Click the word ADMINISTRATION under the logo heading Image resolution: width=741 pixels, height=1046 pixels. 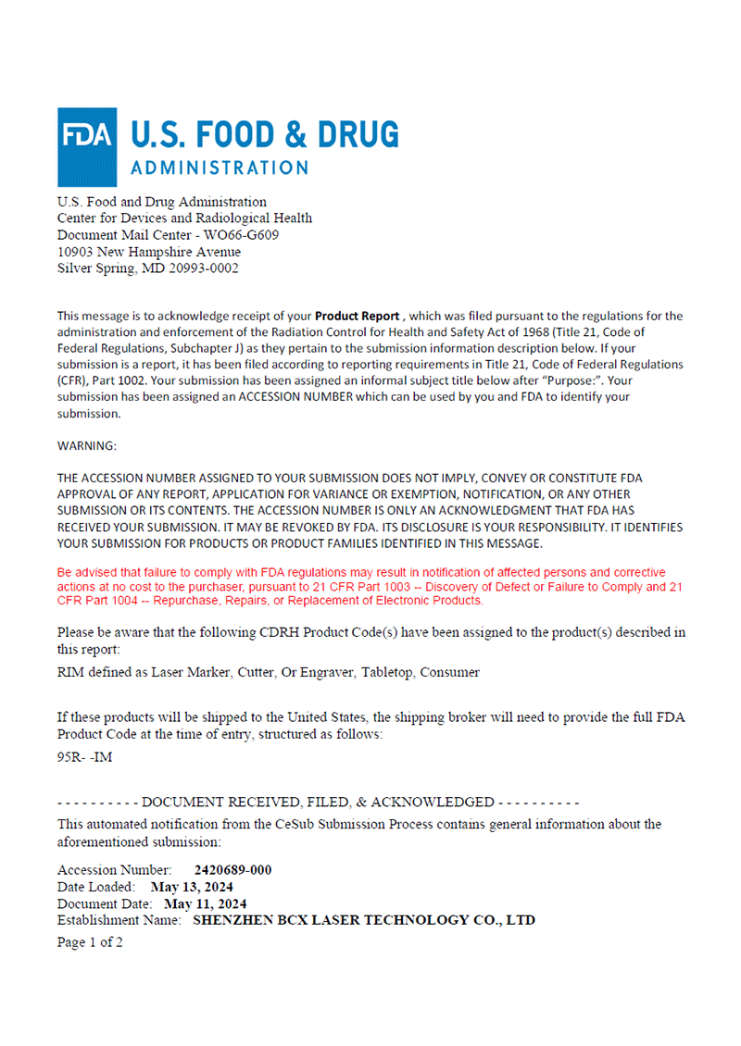coord(220,168)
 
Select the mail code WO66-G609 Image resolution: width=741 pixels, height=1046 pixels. coord(241,235)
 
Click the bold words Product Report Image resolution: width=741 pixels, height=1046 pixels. coord(357,316)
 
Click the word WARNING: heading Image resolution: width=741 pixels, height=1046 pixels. coord(87,445)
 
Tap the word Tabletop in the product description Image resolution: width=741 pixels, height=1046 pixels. coord(387,672)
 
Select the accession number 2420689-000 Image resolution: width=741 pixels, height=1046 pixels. coord(232,870)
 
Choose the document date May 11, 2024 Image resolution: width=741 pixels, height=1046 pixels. coord(205,903)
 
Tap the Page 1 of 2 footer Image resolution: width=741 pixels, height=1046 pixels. coord(90,942)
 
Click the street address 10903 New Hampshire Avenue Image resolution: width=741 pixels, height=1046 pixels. coord(149,252)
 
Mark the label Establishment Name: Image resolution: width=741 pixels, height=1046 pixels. coord(119,920)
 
